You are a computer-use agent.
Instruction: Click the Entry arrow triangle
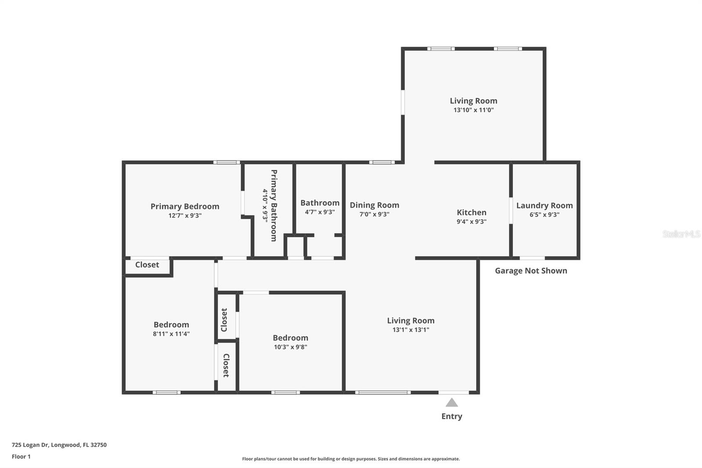pos(451,403)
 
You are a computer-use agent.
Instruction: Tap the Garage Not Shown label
pos(531,271)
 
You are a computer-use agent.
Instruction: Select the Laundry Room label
pos(544,205)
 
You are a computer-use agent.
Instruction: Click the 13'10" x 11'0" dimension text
pos(473,110)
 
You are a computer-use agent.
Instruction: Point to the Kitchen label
pos(471,212)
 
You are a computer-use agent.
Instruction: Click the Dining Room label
pos(374,205)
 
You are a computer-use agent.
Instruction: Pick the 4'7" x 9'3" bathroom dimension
pos(320,212)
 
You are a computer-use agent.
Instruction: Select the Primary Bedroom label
pos(185,206)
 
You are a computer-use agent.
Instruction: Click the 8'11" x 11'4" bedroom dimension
pos(171,334)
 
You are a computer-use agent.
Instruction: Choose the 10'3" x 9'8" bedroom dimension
pos(290,347)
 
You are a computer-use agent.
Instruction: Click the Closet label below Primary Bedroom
pos(147,265)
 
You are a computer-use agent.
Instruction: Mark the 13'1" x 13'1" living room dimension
pos(411,330)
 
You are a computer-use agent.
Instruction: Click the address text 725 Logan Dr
pos(59,445)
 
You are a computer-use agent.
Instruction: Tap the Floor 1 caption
pos(21,457)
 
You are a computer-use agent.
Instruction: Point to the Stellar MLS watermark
pos(681,234)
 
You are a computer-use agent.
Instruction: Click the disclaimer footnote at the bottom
pos(351,459)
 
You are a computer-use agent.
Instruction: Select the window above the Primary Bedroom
pos(226,162)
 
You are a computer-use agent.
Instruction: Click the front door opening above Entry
pos(453,392)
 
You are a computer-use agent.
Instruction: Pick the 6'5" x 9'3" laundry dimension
pos(544,215)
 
